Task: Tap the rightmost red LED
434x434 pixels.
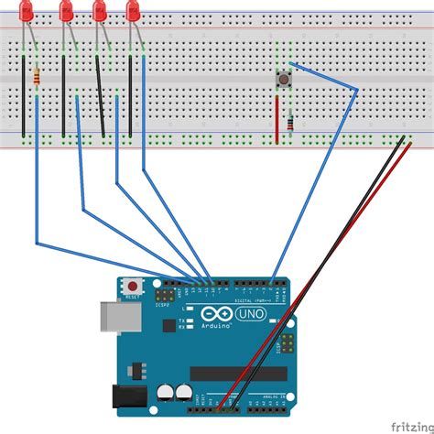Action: [x=133, y=11]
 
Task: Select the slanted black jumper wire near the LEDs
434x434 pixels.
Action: [x=100, y=96]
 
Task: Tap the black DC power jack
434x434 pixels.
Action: [x=128, y=397]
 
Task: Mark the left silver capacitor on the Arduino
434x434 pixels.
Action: [x=165, y=392]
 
